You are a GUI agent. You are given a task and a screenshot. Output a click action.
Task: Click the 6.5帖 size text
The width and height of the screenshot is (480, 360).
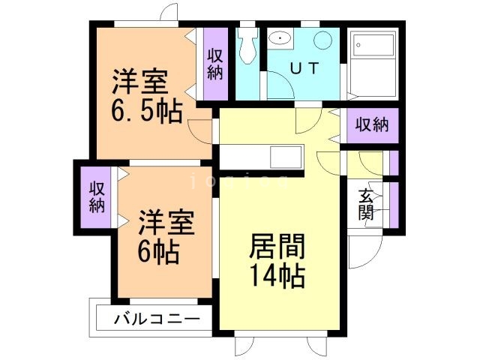(x=146, y=112)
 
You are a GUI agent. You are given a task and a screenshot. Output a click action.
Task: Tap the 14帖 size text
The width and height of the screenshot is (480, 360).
(x=275, y=276)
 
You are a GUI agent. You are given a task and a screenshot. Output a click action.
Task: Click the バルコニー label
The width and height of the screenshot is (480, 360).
(x=157, y=319)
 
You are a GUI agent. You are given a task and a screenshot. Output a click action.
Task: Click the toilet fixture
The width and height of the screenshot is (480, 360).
(x=247, y=46)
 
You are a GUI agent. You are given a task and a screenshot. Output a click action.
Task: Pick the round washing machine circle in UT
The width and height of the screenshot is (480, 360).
(x=322, y=41)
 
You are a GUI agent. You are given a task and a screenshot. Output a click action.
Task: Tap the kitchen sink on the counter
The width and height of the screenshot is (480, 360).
(x=285, y=158)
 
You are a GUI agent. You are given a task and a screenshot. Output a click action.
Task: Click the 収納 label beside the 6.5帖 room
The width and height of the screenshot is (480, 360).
(x=215, y=63)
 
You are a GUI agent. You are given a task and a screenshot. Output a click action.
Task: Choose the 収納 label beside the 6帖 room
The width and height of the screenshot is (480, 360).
(x=97, y=197)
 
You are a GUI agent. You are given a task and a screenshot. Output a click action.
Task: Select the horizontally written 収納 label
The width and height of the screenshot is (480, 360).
(x=372, y=125)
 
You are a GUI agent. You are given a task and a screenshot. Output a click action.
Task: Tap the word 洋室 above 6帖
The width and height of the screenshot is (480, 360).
(x=166, y=223)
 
